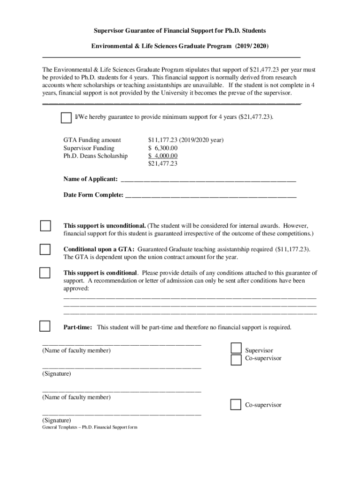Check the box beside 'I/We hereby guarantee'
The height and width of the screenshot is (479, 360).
pos(66,118)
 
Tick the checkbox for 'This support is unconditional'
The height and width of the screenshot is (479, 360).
pos(45,226)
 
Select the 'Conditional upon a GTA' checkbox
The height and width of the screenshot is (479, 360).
pos(45,249)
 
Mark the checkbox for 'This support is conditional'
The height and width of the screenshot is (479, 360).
pos(45,273)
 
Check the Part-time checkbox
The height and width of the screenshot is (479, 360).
pos(45,327)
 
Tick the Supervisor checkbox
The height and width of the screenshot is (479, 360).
pos(236,348)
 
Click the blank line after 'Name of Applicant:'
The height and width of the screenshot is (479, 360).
pos(208,180)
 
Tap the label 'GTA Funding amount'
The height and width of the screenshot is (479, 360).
pos(92,140)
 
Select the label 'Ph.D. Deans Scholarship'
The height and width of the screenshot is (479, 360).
pos(95,156)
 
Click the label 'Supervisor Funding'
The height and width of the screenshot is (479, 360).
pos(89,148)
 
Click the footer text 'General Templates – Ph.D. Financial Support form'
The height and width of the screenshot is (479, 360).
pos(90,428)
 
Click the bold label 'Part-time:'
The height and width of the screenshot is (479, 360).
pos(78,327)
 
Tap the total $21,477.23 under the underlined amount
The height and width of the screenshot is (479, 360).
pos(163,164)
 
